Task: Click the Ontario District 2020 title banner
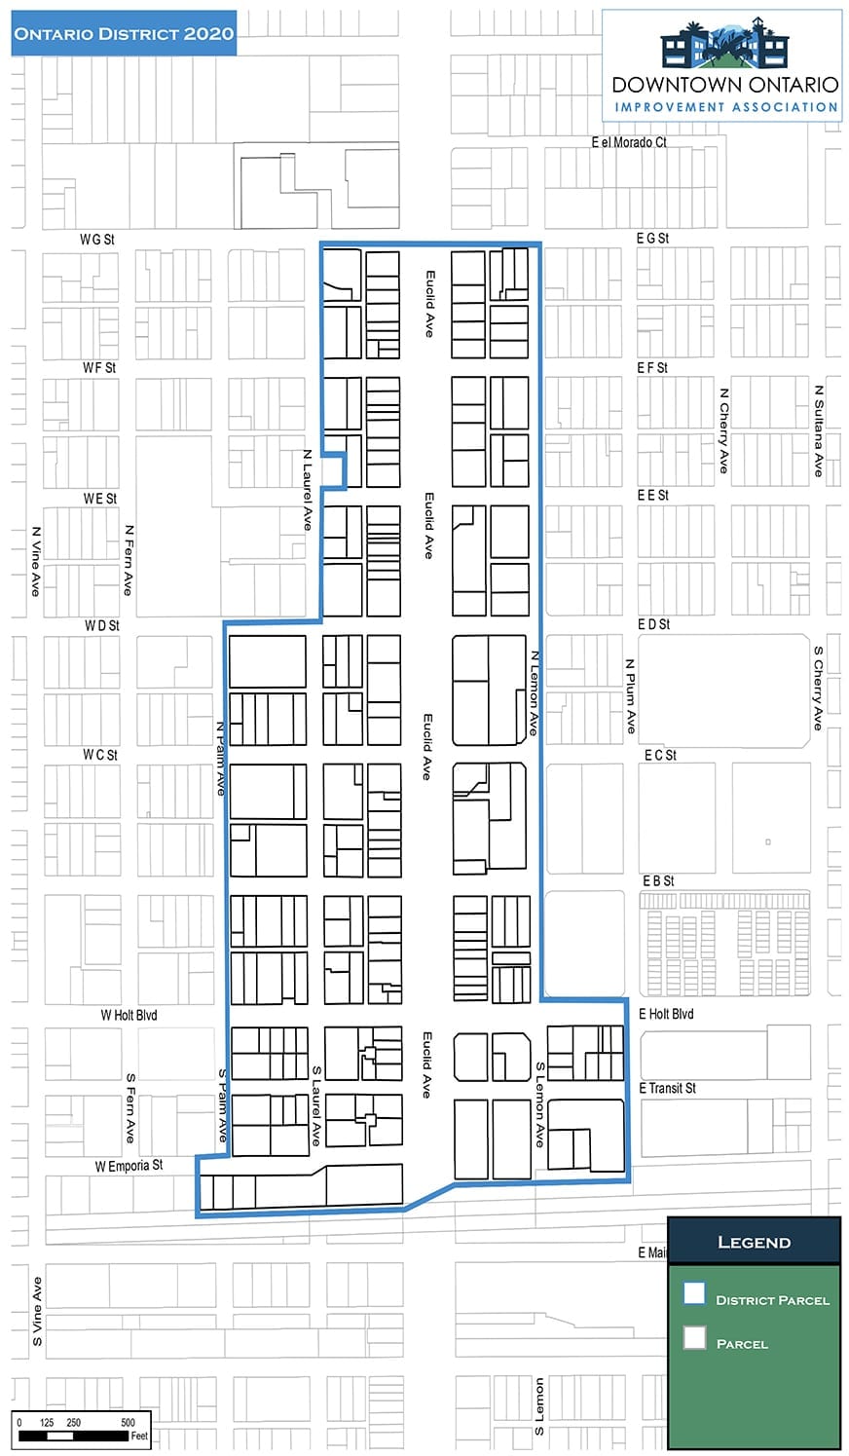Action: pyautogui.click(x=124, y=33)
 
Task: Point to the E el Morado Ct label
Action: pyautogui.click(x=629, y=142)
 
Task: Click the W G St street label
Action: pyautogui.click(x=96, y=240)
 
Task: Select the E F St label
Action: pyautogui.click(x=652, y=368)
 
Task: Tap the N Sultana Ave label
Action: pyautogui.click(x=819, y=430)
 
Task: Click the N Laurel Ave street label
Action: pyautogui.click(x=308, y=490)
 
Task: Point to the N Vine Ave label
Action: pyautogui.click(x=36, y=562)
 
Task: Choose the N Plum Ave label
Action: pyautogui.click(x=630, y=696)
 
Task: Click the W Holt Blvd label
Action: pyautogui.click(x=129, y=1015)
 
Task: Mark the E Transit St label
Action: pyautogui.click(x=667, y=1088)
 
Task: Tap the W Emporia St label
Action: pyautogui.click(x=129, y=1166)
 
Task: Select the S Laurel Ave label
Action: pyautogui.click(x=315, y=1105)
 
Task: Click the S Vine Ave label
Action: pyautogui.click(x=37, y=1312)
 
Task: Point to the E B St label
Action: pyautogui.click(x=658, y=881)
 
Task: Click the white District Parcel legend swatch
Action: pyautogui.click(x=694, y=1292)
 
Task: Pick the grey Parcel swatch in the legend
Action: pyautogui.click(x=694, y=1338)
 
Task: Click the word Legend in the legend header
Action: pyautogui.click(x=755, y=1242)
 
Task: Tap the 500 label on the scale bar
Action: pyautogui.click(x=128, y=1422)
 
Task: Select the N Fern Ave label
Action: pyautogui.click(x=129, y=560)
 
